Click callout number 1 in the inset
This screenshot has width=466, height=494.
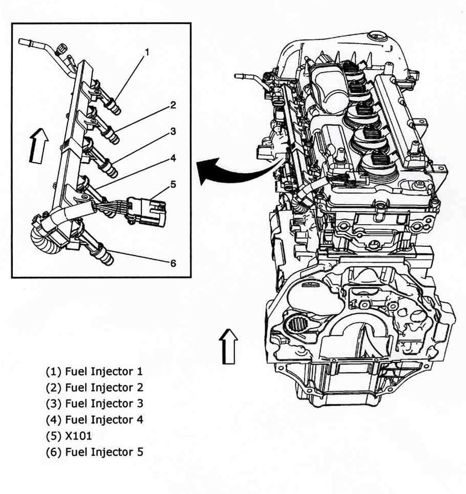[x=147, y=51]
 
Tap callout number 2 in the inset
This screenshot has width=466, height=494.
[x=172, y=105]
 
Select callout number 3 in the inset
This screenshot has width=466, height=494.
[x=172, y=131]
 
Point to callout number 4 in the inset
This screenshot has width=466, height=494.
[x=172, y=158]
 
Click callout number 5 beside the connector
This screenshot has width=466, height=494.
[x=172, y=184]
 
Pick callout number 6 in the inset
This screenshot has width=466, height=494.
[x=173, y=263]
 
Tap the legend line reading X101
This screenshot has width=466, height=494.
[x=69, y=436]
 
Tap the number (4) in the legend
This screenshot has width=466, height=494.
[x=54, y=420]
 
